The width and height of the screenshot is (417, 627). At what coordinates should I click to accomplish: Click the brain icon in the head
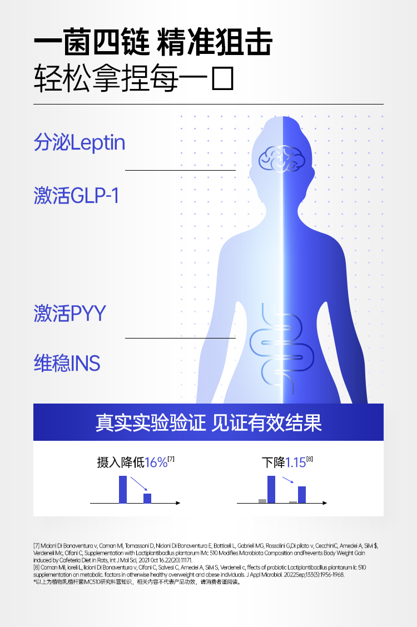282,159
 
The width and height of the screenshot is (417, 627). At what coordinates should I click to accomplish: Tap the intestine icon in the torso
281,345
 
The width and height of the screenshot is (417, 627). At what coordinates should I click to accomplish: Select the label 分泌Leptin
80,143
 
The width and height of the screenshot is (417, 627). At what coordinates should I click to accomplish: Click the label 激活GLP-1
77,196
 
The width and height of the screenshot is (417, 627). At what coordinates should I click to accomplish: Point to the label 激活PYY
69,313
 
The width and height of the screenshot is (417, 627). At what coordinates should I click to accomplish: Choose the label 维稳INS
67,364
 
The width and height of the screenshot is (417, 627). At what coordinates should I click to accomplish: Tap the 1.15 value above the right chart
295,462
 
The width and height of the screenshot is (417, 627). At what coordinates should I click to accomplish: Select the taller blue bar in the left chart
123,489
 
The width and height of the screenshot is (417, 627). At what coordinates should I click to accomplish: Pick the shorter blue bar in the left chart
147,498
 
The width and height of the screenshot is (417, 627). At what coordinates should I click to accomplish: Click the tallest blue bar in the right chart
271,489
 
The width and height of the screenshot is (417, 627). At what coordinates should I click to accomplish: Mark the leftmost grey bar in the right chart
262,501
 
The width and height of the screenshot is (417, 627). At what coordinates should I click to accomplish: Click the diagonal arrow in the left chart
139,484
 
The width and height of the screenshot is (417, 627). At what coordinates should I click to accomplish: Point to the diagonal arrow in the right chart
287,480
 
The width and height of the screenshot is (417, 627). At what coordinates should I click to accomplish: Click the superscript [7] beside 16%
171,459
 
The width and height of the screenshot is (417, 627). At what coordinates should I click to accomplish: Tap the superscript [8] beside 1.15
310,459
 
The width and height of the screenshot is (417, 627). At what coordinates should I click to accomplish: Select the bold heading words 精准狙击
215,43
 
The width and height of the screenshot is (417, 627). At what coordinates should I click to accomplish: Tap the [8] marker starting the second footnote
37,568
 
